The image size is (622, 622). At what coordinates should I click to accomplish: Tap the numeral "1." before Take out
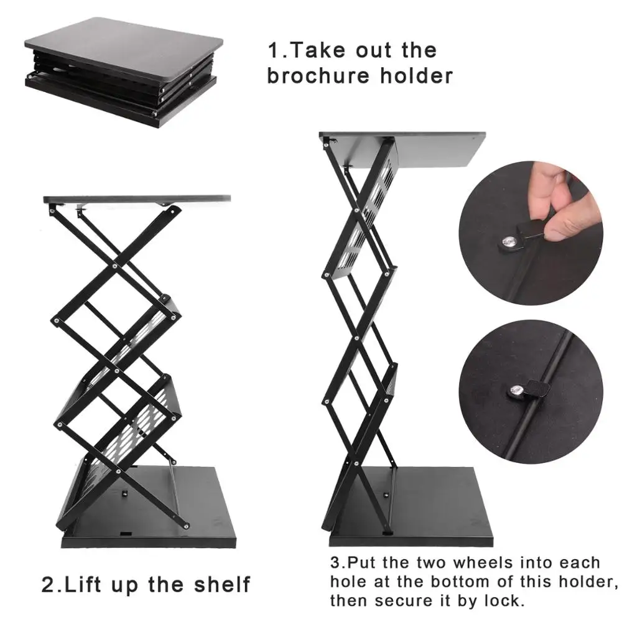pos(276,50)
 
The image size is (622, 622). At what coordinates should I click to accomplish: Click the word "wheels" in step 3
pos(481,564)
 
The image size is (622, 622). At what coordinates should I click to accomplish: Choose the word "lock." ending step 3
pos(506,601)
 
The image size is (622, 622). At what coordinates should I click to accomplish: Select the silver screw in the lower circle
pos(516,391)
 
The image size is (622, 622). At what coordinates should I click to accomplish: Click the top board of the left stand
pos(137,199)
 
